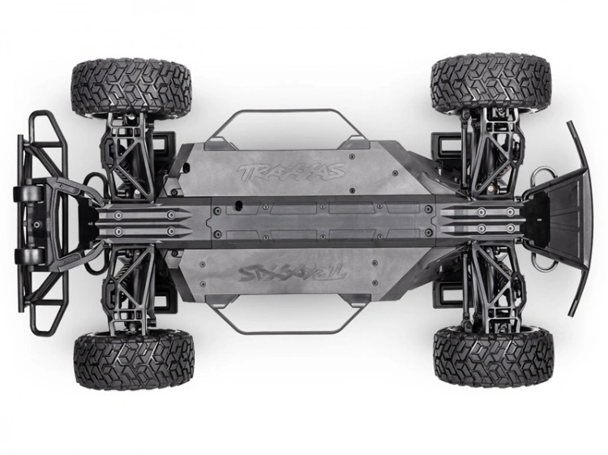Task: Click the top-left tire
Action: point(131,84)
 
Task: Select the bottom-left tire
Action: point(133,359)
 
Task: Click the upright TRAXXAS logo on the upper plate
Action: point(290,172)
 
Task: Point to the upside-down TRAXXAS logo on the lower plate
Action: point(289,270)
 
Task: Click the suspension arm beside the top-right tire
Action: point(487,150)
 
